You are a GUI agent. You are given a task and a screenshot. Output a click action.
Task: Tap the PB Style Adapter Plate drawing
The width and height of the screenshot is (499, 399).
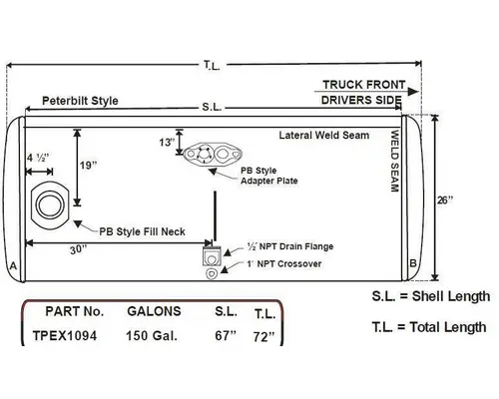point(218,157)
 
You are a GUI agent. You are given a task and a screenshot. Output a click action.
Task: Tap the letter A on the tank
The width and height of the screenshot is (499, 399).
point(12,267)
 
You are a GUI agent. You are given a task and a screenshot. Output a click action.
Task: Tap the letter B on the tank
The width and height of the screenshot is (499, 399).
point(412,263)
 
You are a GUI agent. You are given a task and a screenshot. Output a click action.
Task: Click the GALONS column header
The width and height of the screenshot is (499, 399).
point(153,311)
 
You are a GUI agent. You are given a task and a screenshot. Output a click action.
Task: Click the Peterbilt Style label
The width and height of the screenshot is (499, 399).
point(80,102)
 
